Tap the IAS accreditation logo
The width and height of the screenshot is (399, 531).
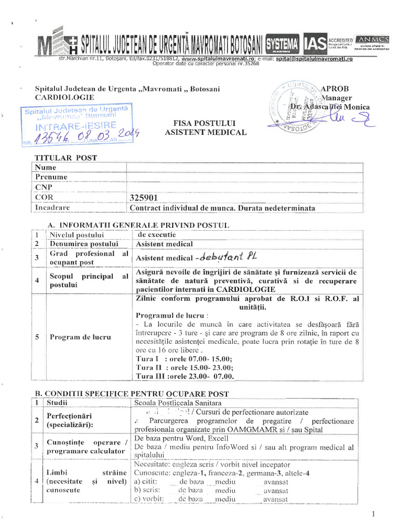point(315,45)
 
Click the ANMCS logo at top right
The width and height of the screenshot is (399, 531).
point(372,40)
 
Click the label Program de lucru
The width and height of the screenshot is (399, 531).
point(80,337)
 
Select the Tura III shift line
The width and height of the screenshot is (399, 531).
point(184,376)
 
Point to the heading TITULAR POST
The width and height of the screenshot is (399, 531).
point(65,158)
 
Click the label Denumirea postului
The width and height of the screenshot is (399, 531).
point(84,244)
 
